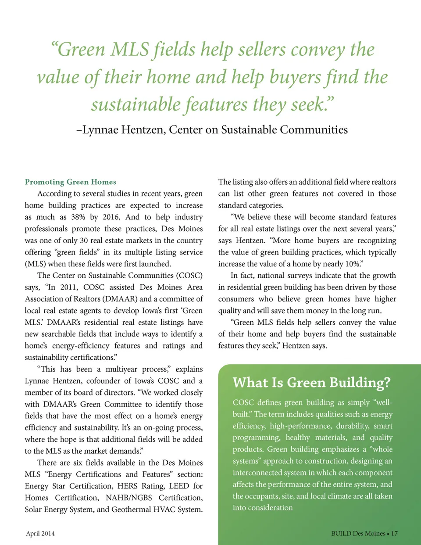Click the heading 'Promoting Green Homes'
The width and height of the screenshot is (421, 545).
point(71,182)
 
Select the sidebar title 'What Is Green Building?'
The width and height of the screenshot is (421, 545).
point(311,383)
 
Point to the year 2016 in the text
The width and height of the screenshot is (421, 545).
point(111,217)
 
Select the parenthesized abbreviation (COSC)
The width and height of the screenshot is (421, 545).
point(189,276)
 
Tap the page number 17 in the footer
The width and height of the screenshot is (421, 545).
point(394,534)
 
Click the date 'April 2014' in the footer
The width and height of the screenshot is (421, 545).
point(40,534)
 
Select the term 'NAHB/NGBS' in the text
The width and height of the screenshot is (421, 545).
point(129,498)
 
